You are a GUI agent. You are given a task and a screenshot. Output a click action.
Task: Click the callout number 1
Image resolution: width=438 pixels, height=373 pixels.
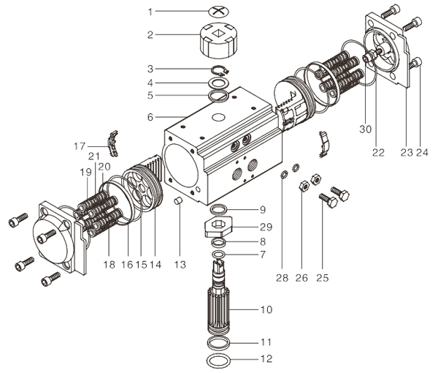click(150, 12)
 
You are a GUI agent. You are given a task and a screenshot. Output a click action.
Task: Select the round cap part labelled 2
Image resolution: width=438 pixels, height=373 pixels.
click(219, 40)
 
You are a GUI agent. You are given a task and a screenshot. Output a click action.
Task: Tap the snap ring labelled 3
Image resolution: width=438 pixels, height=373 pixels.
click(220, 70)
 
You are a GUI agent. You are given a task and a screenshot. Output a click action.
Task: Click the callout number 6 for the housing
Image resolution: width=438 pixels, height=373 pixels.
click(150, 117)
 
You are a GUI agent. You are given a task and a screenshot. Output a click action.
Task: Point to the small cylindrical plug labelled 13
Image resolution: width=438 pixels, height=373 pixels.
click(179, 201)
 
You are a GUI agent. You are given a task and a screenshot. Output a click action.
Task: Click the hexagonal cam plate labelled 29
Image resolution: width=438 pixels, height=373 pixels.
click(218, 227)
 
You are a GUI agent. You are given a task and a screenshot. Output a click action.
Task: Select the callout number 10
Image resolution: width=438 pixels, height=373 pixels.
click(266, 310)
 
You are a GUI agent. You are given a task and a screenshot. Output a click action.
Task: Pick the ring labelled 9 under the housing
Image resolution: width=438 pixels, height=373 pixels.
click(219, 209)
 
